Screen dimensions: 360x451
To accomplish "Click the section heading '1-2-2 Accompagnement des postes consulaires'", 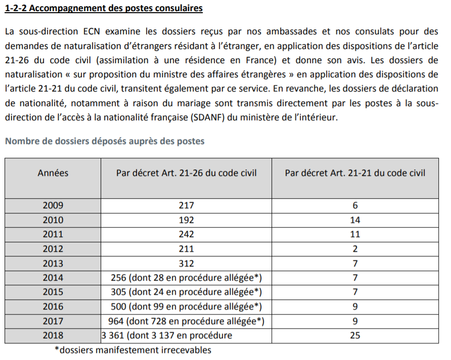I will tap(104, 9).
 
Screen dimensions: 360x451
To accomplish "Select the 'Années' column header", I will tap(53, 173).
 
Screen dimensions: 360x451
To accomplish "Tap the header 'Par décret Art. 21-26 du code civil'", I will tap(186, 173).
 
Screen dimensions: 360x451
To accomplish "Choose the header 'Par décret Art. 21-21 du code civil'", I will tap(355, 173).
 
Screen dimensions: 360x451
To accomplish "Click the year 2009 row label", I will tap(53, 205).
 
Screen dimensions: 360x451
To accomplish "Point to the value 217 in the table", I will tap(186, 205).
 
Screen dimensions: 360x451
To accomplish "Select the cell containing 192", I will tap(186, 220).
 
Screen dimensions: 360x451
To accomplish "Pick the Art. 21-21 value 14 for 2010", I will tap(355, 220).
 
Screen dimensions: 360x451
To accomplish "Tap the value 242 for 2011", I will tap(186, 234).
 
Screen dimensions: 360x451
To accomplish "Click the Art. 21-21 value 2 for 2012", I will tap(355, 249).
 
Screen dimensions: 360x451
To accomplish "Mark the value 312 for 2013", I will tap(186, 263).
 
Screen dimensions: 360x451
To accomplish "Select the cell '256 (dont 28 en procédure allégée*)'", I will tap(186, 278).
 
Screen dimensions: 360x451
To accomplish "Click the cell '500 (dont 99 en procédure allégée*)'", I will tap(186, 306).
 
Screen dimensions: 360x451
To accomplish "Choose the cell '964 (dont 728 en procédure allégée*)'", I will tap(186, 321).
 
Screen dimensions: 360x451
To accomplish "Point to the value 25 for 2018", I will tap(355, 335).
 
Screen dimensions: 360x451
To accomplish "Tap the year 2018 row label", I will tap(53, 335).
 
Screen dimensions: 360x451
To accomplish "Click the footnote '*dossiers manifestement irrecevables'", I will tap(132, 350).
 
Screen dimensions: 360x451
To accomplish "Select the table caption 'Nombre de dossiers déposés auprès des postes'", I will tap(105, 141).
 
